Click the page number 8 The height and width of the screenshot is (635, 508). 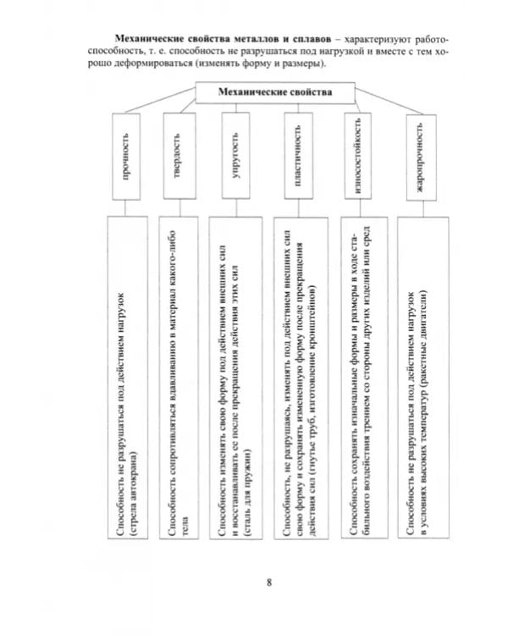pyautogui.click(x=269, y=582)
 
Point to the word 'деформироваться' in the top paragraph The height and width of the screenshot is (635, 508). pyautogui.click(x=158, y=63)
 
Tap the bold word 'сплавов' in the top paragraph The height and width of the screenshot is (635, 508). pyautogui.click(x=307, y=39)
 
